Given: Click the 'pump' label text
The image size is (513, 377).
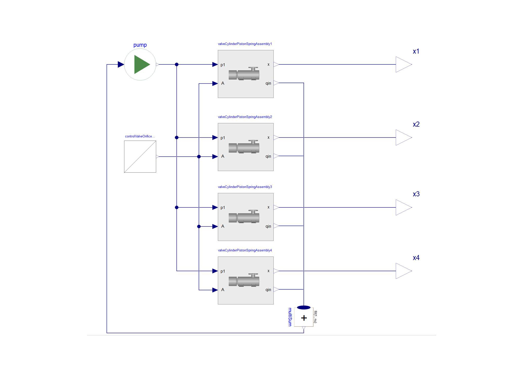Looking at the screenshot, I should pos(140,45).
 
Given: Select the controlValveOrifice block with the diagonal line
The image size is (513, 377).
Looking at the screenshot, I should pos(140,157).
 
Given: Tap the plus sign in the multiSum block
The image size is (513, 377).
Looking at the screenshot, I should pos(304,318).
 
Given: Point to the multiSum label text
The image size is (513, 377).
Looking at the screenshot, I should pos(290,317).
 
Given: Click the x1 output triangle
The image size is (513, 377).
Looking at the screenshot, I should pos(403,64).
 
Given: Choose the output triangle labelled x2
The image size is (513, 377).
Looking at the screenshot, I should pos(403,137).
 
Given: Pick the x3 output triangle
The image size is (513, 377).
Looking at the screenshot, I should pos(403,207).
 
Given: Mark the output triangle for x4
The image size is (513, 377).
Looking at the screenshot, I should pos(403,271).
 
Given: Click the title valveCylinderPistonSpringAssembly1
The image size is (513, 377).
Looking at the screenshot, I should pos(245,44).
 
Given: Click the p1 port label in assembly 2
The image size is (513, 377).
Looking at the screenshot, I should pos(223,138).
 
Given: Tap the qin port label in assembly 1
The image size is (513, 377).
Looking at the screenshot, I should pos(268,83).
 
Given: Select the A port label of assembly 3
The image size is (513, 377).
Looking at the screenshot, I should pos(223,226).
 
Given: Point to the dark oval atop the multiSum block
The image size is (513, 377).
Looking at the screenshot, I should pos(304,308).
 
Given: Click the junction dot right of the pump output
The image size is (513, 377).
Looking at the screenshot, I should pos(177,64).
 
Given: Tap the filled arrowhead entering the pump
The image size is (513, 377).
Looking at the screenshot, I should pos(121,64).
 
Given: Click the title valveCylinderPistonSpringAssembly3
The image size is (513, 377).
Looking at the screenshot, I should pos(245,187).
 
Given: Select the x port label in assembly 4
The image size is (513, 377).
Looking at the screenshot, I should pos(268,271).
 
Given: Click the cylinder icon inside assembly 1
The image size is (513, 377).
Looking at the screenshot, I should pos(244,74).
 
